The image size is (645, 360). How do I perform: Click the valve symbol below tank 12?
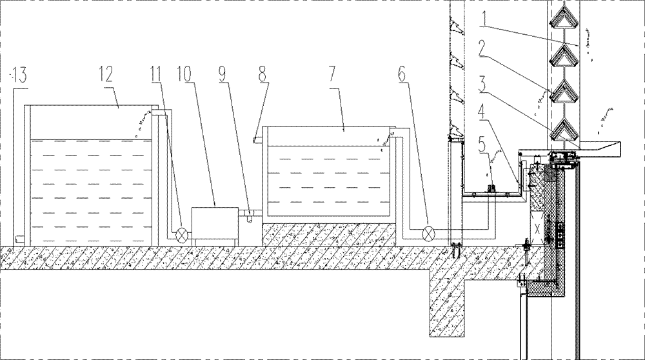tap(183, 234)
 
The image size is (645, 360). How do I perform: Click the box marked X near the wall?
tap(534, 228)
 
